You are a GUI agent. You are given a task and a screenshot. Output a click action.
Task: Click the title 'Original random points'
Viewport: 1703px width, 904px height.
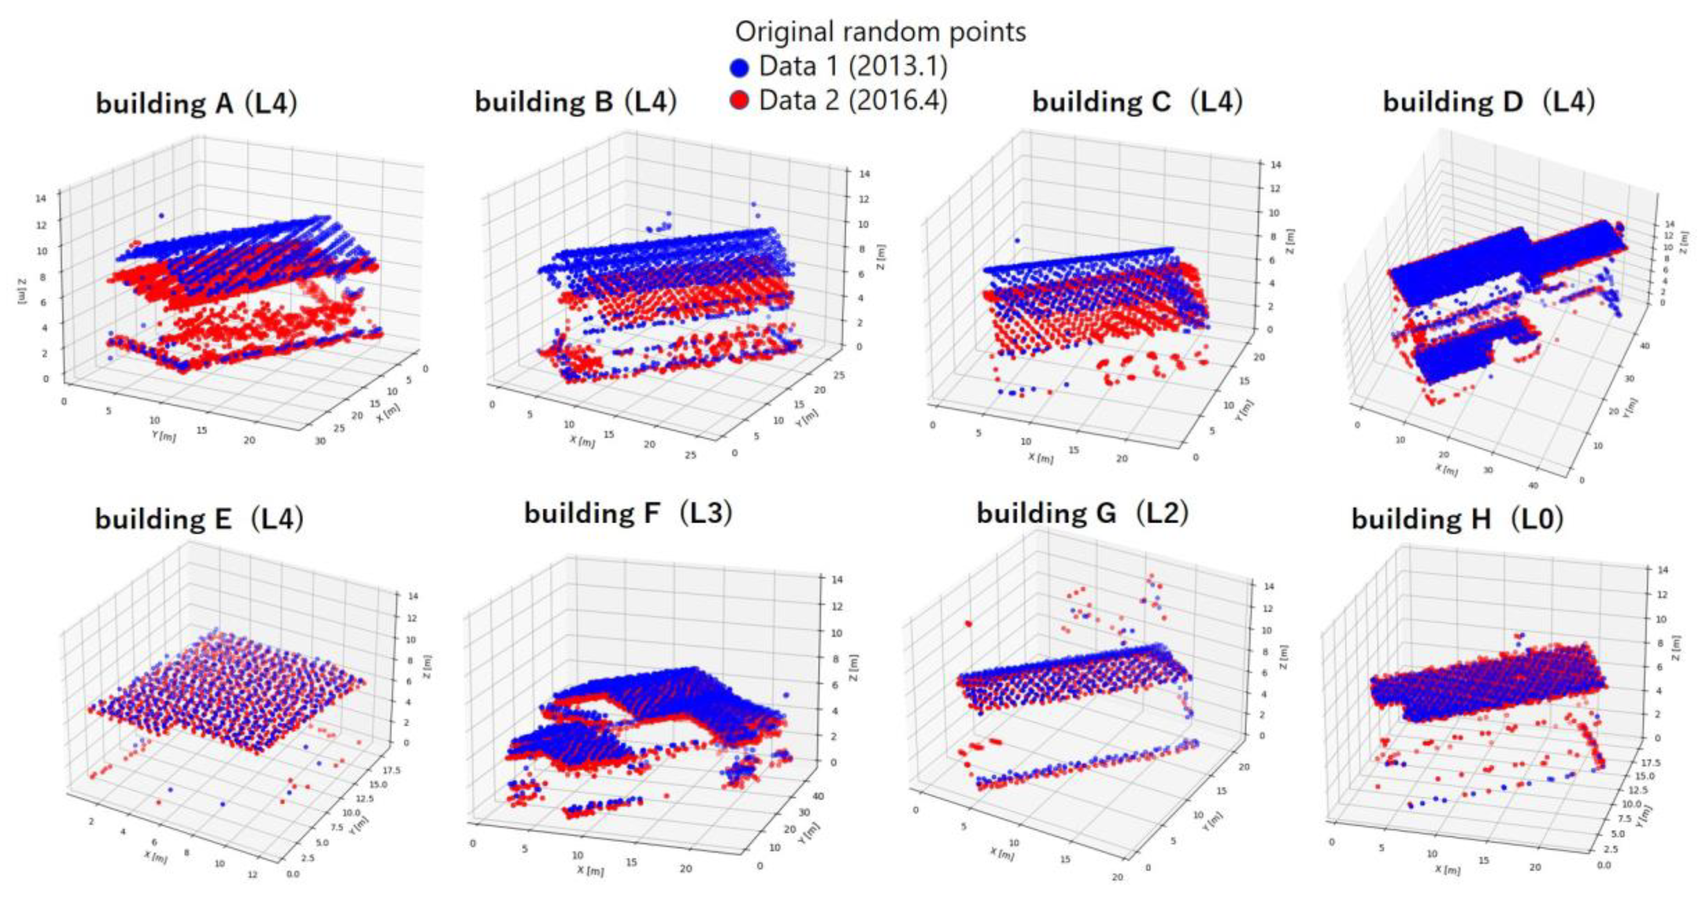point(880,31)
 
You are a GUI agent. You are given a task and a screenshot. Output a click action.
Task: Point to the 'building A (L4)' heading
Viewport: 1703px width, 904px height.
point(196,104)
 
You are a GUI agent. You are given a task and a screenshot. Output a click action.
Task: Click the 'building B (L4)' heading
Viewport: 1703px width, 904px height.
point(576,102)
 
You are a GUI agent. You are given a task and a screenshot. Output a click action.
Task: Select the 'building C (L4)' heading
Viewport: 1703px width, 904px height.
point(1137,102)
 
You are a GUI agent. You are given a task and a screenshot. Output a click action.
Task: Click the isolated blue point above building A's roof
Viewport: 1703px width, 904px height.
point(161,216)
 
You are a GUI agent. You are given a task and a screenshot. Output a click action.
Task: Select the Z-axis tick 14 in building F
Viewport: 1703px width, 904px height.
point(837,579)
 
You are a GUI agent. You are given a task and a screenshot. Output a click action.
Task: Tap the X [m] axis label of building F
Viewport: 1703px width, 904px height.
point(590,872)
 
